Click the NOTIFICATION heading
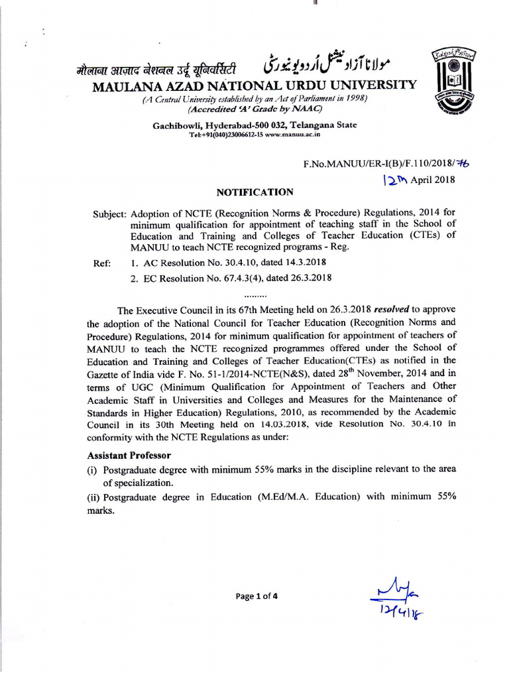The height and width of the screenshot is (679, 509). click(255, 192)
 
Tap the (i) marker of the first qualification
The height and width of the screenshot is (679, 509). click(93, 469)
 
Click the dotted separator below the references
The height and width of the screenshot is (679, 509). click(255, 294)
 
